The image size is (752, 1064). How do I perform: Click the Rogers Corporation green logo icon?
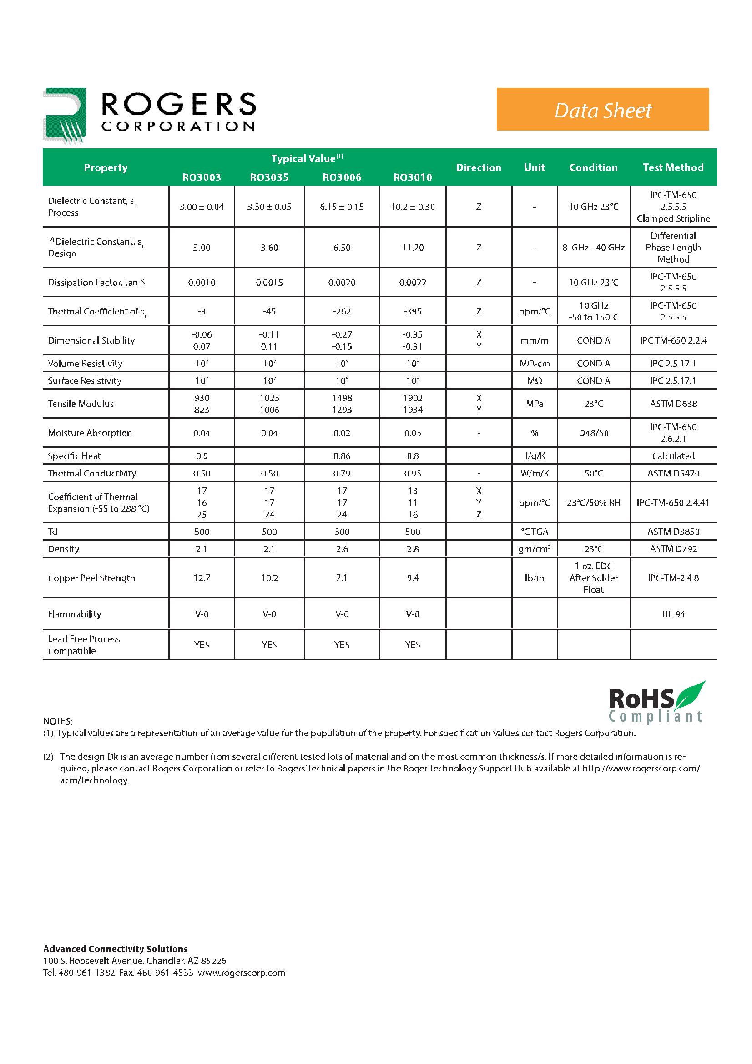coord(65,115)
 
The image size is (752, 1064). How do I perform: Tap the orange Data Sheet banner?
coord(602,109)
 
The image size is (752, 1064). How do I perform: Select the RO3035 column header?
coord(269,177)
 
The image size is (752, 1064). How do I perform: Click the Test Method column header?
coord(673,167)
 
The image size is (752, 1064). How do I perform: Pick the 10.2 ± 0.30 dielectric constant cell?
coord(412,207)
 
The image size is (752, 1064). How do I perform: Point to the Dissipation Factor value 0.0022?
coord(412,282)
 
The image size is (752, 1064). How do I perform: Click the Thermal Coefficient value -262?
coord(342,311)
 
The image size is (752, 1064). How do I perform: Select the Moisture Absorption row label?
coord(90,433)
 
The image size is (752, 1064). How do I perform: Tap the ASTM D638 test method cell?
coord(673,404)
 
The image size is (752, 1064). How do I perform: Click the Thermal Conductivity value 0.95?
coord(412,473)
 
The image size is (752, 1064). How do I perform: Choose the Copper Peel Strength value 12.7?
coord(202,578)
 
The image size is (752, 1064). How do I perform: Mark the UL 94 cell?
coord(673,614)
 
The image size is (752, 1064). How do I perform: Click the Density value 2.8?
coord(412,549)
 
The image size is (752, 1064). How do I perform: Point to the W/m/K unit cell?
coord(534,473)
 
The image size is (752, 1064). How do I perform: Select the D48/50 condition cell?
coord(593,433)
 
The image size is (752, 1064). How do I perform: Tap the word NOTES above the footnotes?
coord(58,721)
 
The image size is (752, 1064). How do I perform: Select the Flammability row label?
coord(75,614)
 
